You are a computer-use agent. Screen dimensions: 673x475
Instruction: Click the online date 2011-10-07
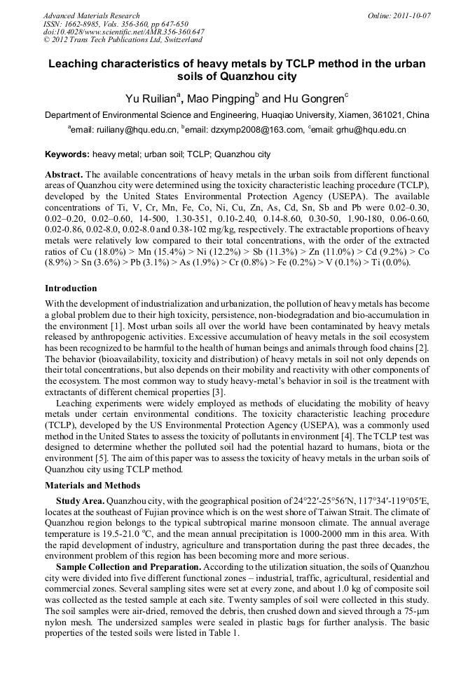tap(410, 15)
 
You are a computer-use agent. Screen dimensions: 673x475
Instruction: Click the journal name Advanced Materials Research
tap(92, 15)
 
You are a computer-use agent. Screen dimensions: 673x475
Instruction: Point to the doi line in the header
tap(124, 32)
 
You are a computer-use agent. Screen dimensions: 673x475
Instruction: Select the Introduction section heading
tap(71, 288)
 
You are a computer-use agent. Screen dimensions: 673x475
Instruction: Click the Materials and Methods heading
tap(92, 486)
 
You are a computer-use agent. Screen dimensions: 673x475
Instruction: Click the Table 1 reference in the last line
tap(223, 632)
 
